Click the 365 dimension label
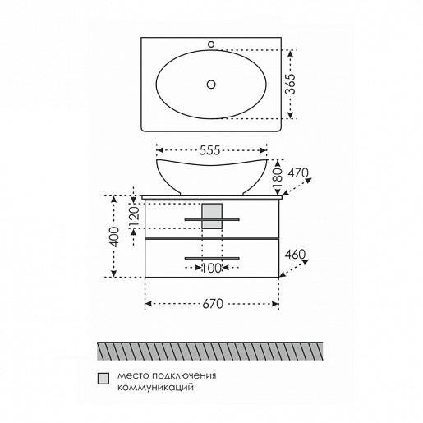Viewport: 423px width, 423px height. coord(291,84)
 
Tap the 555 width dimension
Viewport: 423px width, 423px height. coord(209,150)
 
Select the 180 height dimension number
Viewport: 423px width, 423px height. coord(278,177)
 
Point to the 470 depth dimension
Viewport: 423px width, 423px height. coord(298,172)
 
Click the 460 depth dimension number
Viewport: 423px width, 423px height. coord(295,255)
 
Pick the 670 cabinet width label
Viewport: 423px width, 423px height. coord(213,304)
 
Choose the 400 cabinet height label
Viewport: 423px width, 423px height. coord(115,237)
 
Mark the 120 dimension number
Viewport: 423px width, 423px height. coord(135,218)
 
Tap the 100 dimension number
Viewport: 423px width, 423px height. coord(211,269)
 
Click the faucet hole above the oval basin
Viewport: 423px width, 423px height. coord(211,44)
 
